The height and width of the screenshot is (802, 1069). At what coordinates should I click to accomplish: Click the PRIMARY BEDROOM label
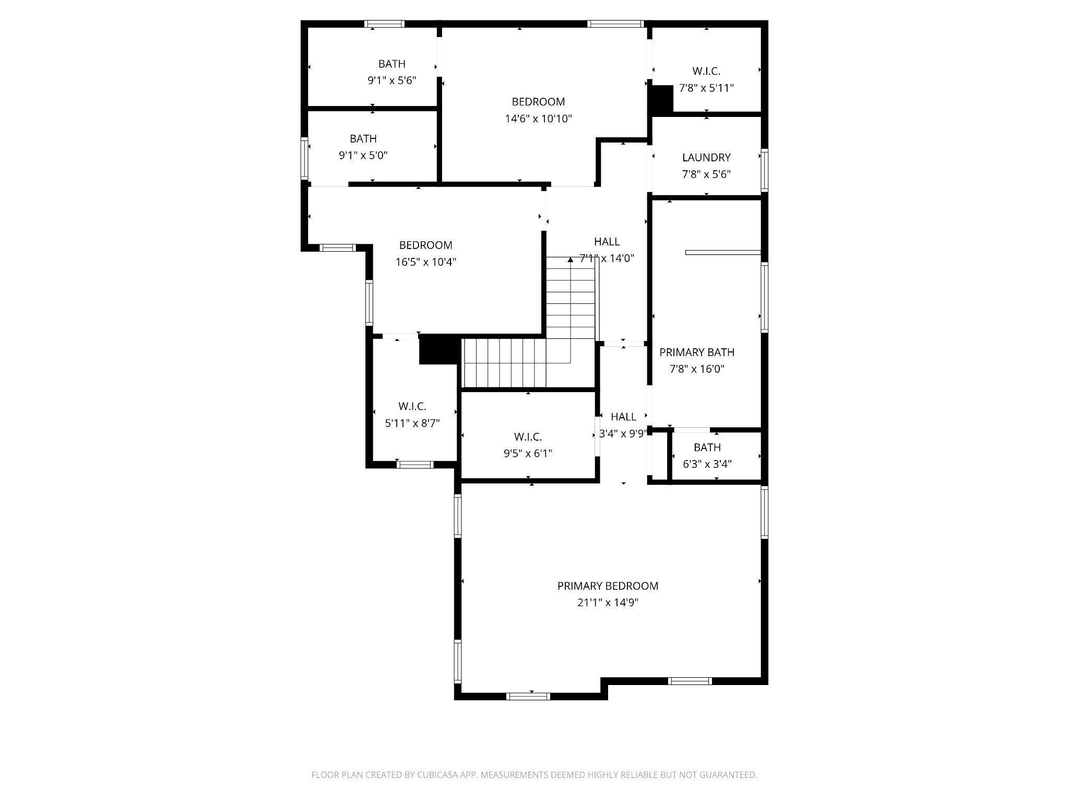tap(608, 586)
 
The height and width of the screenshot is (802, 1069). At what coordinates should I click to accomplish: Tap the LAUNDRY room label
tap(706, 157)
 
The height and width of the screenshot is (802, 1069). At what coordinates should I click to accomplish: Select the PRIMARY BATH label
tap(697, 352)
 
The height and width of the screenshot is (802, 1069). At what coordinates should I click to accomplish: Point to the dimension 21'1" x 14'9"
tap(608, 603)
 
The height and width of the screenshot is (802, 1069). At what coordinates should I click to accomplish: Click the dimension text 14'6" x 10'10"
tap(538, 119)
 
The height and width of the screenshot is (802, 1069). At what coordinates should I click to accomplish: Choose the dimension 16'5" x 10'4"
tap(425, 262)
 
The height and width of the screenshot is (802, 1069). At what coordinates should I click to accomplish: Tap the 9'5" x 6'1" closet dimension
tap(528, 453)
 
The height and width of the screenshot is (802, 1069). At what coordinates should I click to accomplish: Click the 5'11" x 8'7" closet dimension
tap(412, 423)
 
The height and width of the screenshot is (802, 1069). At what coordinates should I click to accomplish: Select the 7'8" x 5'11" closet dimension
tap(706, 88)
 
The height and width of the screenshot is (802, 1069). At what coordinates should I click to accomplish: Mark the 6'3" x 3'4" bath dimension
tap(707, 464)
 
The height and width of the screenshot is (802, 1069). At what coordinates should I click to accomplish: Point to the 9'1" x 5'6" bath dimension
tap(391, 80)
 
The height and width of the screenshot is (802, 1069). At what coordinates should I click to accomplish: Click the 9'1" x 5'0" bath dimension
tap(363, 155)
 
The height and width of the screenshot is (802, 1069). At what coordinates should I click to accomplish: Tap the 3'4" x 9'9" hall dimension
tap(623, 433)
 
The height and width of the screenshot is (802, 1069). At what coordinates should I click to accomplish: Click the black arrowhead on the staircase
tap(571, 260)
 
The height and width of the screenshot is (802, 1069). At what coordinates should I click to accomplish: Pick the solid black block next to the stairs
tap(438, 349)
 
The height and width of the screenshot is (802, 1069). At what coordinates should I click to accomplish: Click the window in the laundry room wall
tap(764, 170)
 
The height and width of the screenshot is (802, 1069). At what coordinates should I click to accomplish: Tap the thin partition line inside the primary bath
tap(723, 252)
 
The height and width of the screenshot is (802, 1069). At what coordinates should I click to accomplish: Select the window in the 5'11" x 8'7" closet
tap(414, 464)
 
